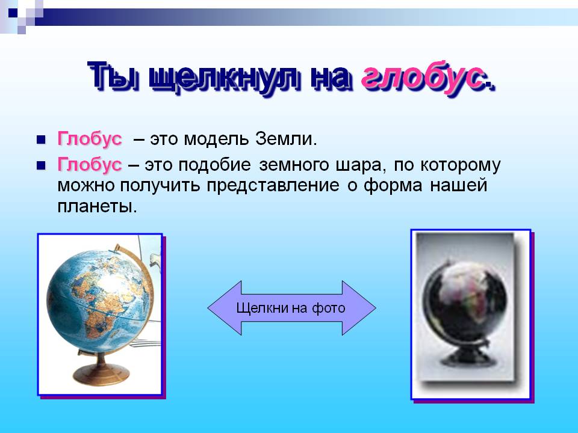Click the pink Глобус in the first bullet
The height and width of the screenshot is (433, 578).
[x=90, y=139]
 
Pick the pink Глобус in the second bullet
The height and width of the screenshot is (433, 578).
[x=90, y=165]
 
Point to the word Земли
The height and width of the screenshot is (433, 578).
[x=285, y=139]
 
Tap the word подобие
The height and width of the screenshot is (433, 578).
[x=214, y=165]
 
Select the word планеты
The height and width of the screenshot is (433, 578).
[x=97, y=206]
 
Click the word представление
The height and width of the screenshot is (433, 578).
[x=273, y=186]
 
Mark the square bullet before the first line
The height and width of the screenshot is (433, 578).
[x=41, y=140]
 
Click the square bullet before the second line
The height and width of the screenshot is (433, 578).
[x=41, y=166]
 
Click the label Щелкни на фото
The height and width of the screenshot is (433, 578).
[x=290, y=308]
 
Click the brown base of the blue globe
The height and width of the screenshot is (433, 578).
[x=101, y=372]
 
